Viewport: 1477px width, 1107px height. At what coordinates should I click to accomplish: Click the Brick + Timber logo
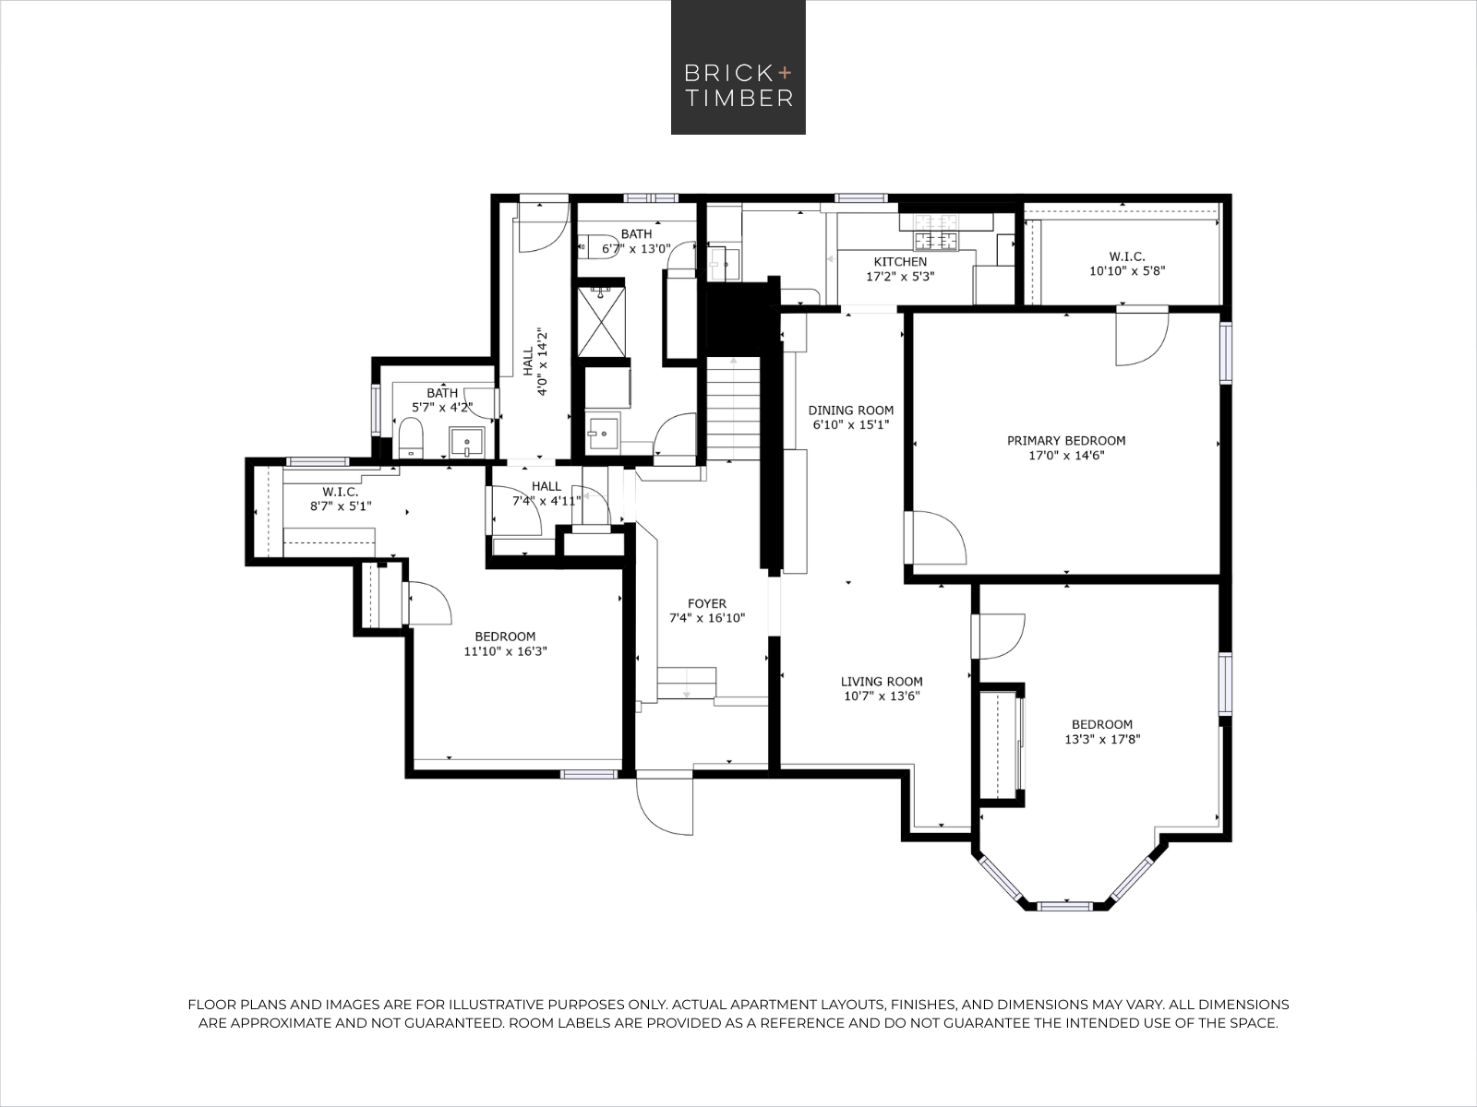coord(738,67)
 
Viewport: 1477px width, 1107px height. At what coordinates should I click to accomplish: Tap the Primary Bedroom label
coord(1066,441)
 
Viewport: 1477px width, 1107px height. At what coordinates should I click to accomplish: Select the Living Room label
coord(882,682)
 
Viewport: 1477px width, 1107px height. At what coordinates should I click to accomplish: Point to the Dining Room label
coord(850,410)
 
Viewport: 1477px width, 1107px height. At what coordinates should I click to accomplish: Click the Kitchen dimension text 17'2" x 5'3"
coord(900,276)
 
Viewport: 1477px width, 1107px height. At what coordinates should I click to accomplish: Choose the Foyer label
coord(706,603)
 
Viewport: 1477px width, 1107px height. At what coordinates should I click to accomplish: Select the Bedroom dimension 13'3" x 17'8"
coord(1102,739)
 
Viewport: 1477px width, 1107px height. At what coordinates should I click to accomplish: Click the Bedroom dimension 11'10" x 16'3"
coord(505,651)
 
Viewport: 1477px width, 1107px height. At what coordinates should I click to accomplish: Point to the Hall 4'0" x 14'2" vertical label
coord(534,362)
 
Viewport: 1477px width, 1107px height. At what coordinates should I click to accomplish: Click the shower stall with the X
coord(601,321)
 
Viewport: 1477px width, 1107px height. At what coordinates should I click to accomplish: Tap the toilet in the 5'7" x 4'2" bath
coord(410,437)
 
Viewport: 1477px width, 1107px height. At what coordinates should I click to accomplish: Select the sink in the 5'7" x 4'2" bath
coord(466,442)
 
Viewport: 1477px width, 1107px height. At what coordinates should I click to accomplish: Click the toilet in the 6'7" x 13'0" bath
coord(592,246)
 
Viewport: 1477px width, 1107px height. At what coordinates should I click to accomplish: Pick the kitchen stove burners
coord(936,231)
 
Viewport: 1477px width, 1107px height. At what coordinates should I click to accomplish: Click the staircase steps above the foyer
coord(733,409)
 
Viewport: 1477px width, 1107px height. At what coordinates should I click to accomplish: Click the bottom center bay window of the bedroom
coord(1064,906)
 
